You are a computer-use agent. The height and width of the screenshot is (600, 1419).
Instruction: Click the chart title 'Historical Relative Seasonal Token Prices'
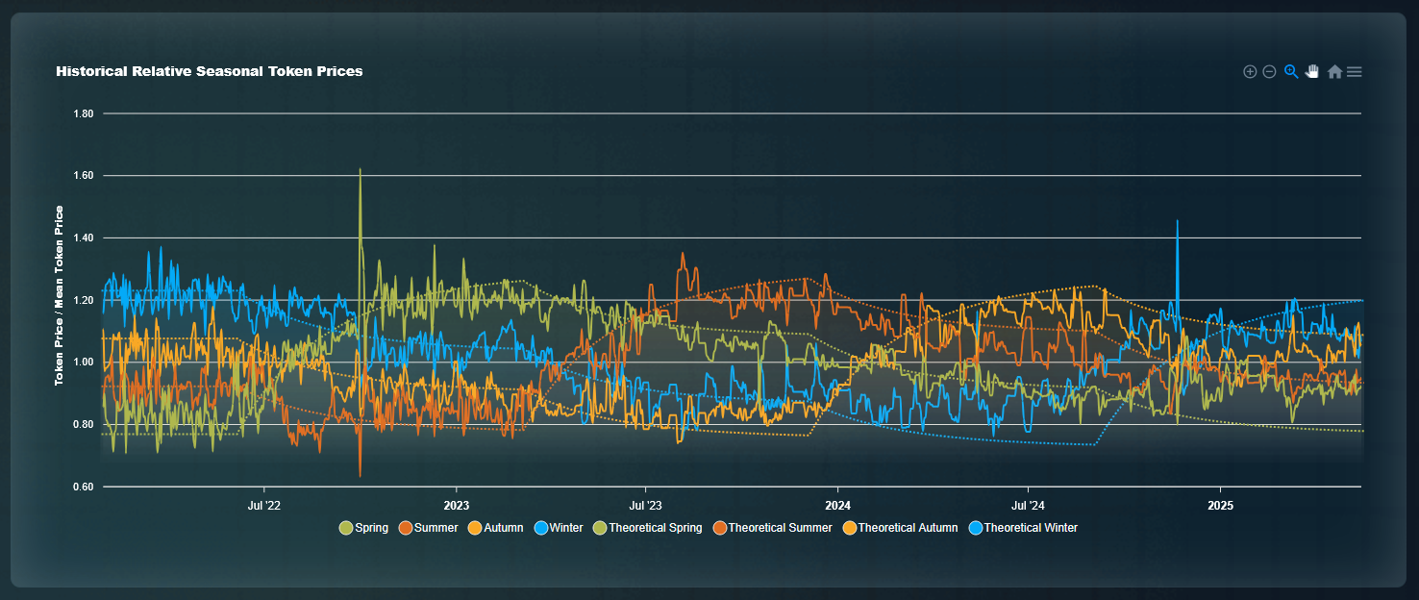pos(209,71)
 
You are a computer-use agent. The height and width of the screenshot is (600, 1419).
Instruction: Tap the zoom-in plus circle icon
pos(1250,71)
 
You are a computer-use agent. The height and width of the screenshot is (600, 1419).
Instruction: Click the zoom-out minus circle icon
pos(1269,71)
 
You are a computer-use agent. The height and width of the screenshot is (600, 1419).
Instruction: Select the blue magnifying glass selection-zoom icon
pos(1291,71)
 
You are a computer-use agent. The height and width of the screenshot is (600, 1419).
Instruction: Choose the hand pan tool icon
pos(1312,71)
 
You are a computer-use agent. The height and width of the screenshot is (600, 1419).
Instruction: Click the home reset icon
pos(1334,71)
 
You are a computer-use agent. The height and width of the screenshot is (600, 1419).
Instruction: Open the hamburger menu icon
pos(1354,71)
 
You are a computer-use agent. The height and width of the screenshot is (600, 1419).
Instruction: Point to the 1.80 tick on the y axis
pos(83,113)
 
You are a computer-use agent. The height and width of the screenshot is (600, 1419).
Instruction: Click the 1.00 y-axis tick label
pos(83,362)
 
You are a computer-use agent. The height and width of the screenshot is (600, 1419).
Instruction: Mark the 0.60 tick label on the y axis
pos(83,487)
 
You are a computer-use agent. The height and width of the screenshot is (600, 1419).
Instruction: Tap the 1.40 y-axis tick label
pos(83,238)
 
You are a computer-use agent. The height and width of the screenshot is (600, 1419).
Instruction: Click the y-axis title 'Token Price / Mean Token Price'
pos(60,296)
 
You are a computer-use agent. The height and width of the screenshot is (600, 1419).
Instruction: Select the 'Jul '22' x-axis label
pos(263,505)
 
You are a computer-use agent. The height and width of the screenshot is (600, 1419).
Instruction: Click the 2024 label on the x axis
pos(837,505)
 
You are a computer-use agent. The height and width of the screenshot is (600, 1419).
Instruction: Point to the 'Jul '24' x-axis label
pos(1028,505)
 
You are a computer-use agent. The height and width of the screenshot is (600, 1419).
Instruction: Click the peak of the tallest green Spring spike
pos(360,169)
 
